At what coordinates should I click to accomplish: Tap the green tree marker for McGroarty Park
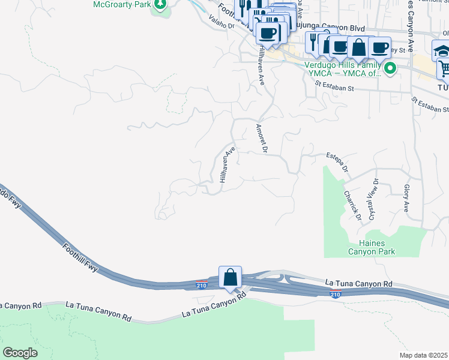tap(160, 5)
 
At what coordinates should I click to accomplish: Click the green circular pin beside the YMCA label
tap(390, 69)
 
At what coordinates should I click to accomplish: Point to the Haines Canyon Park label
tap(372, 247)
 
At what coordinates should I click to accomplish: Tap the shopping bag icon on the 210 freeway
tap(230, 277)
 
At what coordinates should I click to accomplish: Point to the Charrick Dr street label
tap(352, 203)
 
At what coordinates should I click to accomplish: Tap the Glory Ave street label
tap(406, 199)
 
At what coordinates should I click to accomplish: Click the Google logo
tap(20, 352)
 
